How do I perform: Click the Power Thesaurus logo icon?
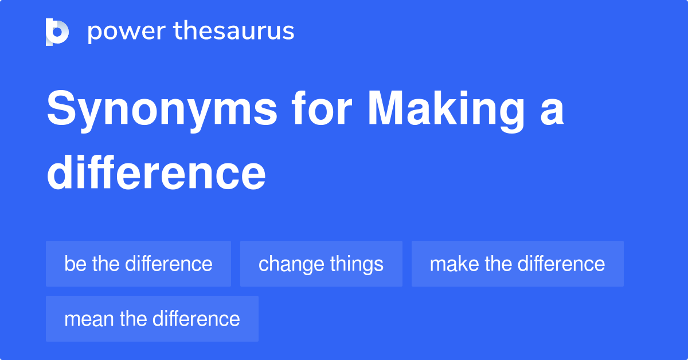57,32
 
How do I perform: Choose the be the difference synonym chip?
138,264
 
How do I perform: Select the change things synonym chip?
321,264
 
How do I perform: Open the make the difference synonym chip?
517,264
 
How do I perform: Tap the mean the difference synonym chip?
152,319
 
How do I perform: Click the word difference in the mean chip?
196,319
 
